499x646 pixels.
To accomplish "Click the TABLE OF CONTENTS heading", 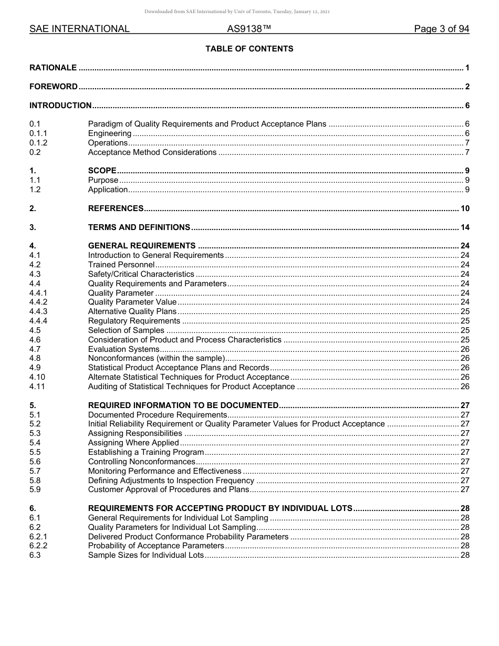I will click(249, 49).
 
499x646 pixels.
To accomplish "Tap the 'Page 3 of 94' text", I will click(441, 29).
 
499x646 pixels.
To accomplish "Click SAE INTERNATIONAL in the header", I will click(79, 29).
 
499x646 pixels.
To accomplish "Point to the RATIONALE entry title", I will click(53, 68).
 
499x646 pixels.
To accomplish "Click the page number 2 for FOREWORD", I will click(467, 87).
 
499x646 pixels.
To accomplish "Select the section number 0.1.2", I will click(38, 143).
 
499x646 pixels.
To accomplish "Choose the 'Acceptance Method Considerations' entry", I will click(152, 152).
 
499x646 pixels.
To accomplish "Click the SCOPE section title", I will click(102, 171).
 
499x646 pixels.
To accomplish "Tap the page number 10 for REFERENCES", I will click(465, 209).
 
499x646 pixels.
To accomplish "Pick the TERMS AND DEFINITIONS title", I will click(139, 227).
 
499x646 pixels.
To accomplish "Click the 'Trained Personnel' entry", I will click(121, 265).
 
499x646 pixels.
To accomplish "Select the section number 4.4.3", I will click(38, 311).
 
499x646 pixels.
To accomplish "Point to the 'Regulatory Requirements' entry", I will click(134, 321).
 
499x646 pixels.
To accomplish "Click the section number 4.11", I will click(37, 387).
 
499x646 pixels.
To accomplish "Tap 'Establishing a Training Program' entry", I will click(145, 452).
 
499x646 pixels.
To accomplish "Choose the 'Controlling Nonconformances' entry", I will click(141, 462).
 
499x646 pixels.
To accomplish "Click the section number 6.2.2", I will click(38, 546).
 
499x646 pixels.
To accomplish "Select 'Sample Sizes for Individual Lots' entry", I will click(145, 556).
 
